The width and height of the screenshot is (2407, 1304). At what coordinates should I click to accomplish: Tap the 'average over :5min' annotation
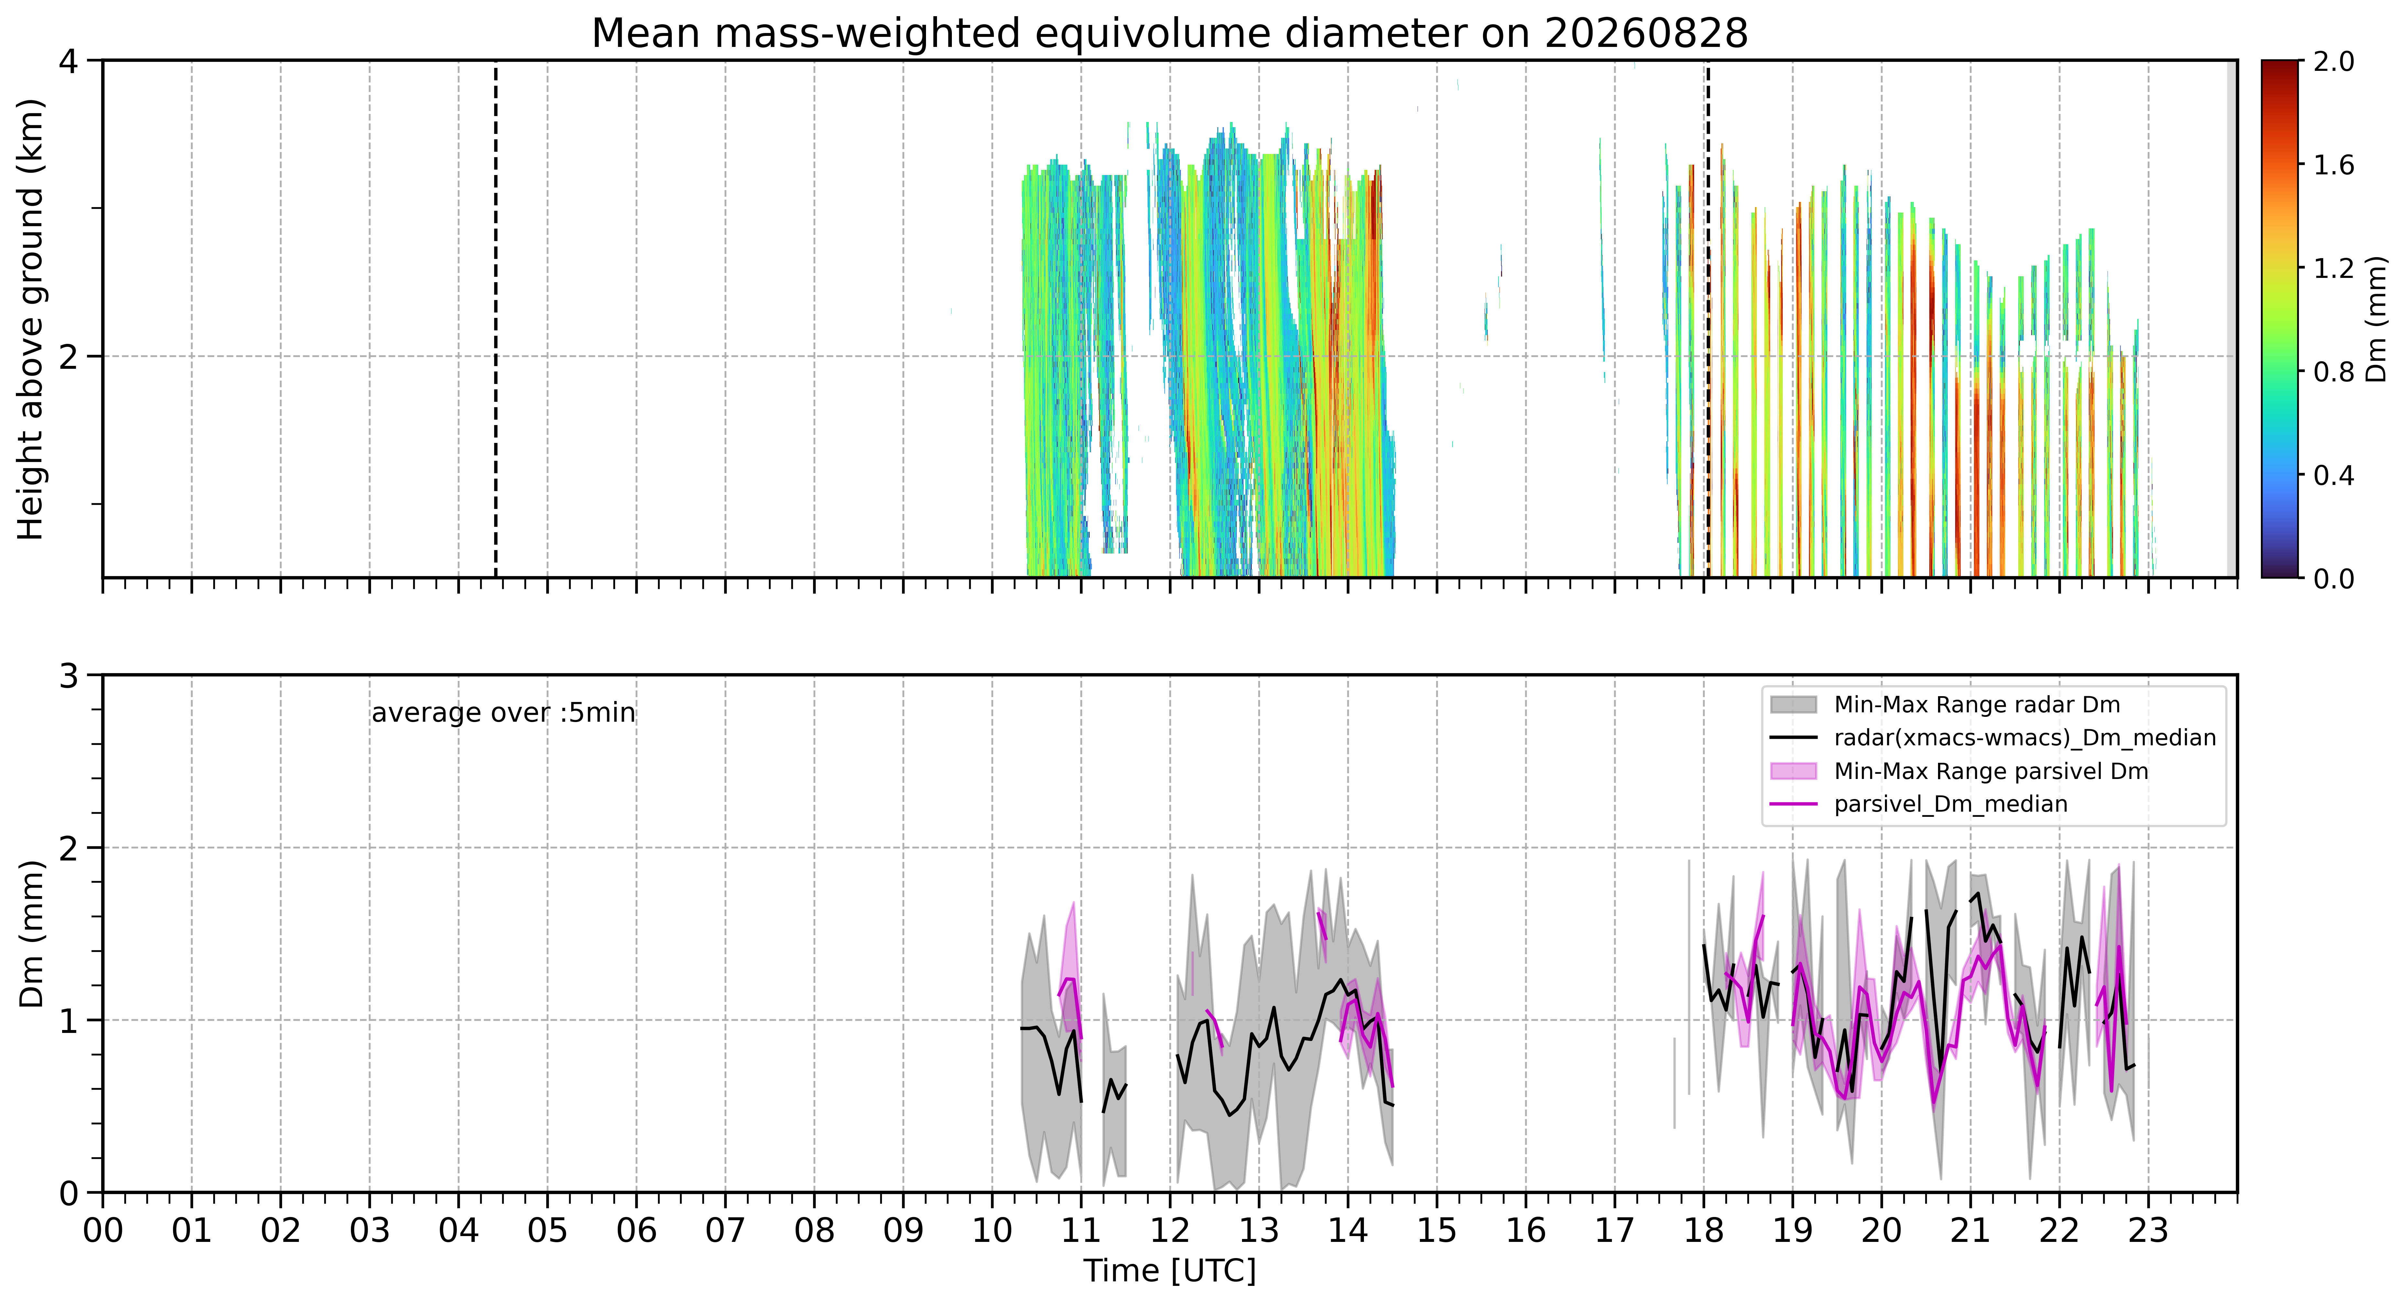(x=503, y=713)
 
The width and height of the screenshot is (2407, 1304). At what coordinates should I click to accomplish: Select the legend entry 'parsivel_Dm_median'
(x=1950, y=804)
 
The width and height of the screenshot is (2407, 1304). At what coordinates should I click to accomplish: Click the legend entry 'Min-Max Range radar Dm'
(x=1976, y=705)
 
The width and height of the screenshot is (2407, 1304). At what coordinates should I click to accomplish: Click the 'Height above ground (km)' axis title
(x=31, y=319)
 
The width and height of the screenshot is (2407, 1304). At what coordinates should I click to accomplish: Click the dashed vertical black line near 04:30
(x=495, y=319)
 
